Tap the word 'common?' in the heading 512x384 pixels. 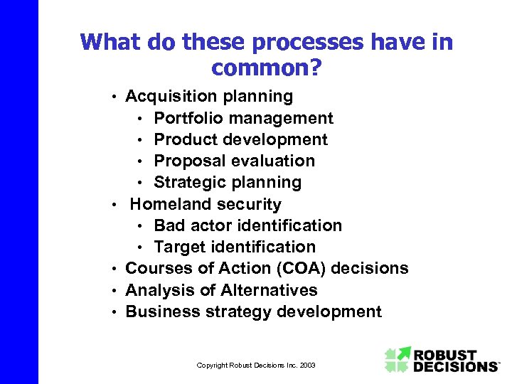tap(266, 68)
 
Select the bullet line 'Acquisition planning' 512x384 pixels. tap(209, 96)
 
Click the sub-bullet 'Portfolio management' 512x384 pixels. tap(243, 118)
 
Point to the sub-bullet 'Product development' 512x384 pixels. tap(240, 139)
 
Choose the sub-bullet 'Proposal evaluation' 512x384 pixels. tap(234, 161)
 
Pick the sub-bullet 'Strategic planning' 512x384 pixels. tap(228, 183)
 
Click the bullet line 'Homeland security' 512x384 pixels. tap(206, 204)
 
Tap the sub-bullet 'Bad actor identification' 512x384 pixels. tap(247, 225)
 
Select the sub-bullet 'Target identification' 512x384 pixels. tap(235, 247)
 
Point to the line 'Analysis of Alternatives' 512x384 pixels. tap(221, 290)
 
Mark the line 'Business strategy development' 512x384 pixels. tap(253, 311)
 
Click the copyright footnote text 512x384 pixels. tap(256, 365)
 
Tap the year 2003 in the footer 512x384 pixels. tap(306, 365)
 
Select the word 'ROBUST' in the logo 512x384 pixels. tap(446, 353)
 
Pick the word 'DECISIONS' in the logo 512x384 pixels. tap(455, 366)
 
